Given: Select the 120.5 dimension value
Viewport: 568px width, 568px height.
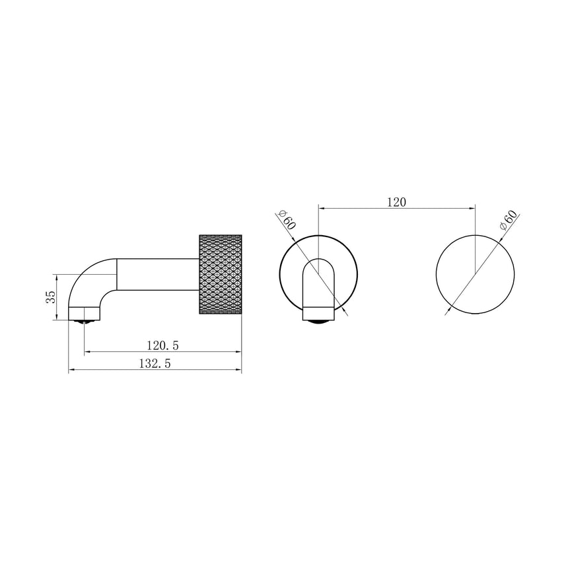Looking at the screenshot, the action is coord(162,345).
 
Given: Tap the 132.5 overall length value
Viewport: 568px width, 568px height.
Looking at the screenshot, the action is coord(155,363).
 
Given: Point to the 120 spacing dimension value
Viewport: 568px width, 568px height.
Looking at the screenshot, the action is coord(397,202).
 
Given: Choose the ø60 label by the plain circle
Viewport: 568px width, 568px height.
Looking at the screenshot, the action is coord(508,219).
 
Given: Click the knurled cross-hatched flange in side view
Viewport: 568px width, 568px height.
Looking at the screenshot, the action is coord(220,274).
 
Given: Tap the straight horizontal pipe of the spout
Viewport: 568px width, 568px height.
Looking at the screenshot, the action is coord(158,274).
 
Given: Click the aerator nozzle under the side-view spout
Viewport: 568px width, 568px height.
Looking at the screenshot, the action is coord(84,321).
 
